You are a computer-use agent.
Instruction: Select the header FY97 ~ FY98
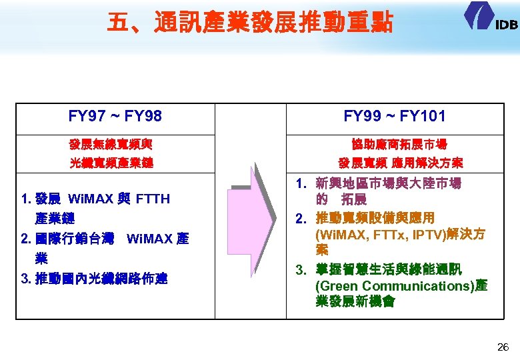[x=115, y=117]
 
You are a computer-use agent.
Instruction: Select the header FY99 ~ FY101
[x=395, y=117]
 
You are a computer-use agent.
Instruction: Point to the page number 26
[x=503, y=347]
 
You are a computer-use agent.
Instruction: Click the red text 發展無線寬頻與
[x=115, y=144]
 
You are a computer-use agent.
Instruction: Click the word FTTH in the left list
[x=153, y=199]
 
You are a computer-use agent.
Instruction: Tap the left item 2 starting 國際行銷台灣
[x=105, y=239]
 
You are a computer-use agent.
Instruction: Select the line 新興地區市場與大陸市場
[x=389, y=183]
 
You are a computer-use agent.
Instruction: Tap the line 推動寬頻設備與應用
[x=375, y=217]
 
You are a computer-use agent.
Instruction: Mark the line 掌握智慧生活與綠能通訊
[x=389, y=269]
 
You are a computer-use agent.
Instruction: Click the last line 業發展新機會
[x=355, y=302]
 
